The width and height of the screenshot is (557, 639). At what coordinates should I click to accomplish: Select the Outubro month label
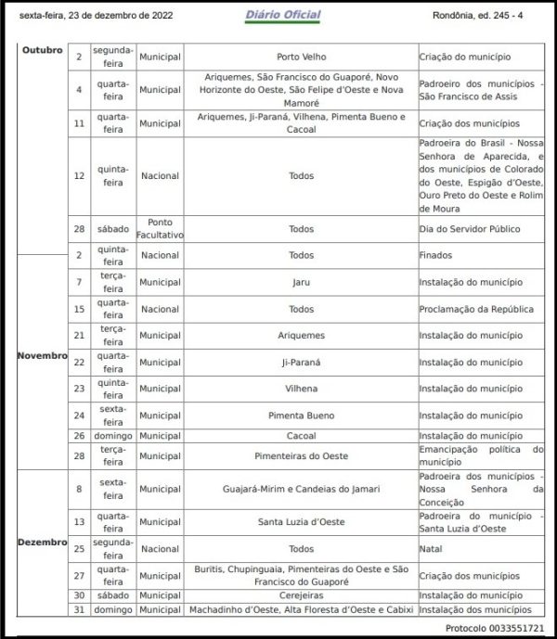[x=42, y=49]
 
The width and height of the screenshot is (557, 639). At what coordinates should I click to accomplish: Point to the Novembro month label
[x=42, y=355]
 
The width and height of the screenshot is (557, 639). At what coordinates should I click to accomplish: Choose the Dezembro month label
[x=42, y=542]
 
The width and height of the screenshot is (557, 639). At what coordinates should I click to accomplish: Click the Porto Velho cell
[x=302, y=57]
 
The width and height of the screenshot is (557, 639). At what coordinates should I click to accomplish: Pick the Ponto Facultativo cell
[x=160, y=229]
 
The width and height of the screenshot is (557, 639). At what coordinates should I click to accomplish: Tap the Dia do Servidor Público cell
[x=468, y=229]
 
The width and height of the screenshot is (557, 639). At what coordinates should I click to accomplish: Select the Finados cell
[x=435, y=255]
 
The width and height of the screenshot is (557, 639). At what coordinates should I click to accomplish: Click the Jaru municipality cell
[x=302, y=281]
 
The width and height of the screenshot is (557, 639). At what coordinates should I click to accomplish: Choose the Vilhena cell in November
[x=302, y=389]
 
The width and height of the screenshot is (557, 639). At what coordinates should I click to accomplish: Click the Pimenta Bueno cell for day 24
[x=302, y=415]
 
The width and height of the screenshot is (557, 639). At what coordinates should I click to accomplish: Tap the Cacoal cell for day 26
[x=302, y=436]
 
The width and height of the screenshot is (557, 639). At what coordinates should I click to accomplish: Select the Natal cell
[x=431, y=549]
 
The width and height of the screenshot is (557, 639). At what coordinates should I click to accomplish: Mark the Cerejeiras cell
[x=302, y=595]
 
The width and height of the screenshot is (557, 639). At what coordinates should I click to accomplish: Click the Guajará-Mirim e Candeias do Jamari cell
[x=302, y=489]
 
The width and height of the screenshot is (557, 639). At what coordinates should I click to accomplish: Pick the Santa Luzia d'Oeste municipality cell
[x=302, y=522]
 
